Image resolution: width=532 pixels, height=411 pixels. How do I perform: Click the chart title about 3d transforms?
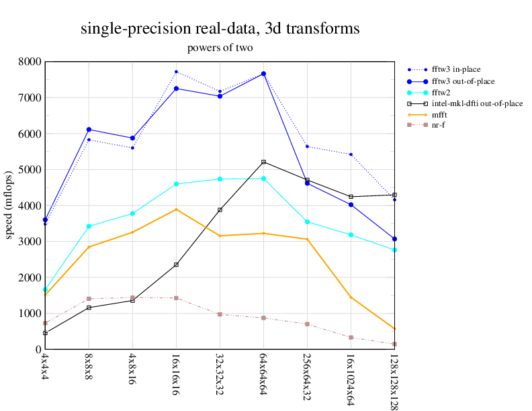(220, 29)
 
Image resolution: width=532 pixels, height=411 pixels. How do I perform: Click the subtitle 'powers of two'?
(220, 48)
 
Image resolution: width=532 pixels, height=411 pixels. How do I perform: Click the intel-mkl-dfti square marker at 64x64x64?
(263, 162)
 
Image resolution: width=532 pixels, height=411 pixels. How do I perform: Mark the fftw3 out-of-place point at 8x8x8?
(89, 130)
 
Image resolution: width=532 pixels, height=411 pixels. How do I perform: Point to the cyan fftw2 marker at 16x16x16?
(176, 184)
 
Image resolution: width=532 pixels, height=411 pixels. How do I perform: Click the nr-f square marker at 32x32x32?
(220, 314)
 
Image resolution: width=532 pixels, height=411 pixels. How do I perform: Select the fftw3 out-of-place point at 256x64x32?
(307, 183)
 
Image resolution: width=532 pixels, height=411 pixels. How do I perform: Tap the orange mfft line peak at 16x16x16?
(176, 210)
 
